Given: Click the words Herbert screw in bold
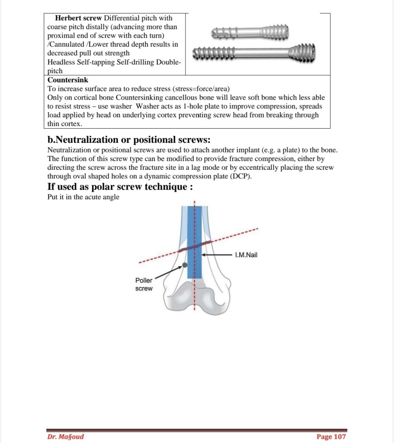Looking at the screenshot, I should [x=78, y=18].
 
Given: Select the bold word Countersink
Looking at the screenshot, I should [x=68, y=80].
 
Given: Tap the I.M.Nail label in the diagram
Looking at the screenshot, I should [x=246, y=255].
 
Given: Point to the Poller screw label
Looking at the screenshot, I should [x=144, y=285].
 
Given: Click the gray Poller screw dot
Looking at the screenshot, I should [x=185, y=264].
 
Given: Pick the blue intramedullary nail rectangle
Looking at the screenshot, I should [x=195, y=260].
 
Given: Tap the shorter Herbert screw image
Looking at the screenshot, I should [x=250, y=32].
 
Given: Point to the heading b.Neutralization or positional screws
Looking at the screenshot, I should [x=129, y=139].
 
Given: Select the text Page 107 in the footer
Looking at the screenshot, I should [x=331, y=437].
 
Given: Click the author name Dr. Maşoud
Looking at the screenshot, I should [x=65, y=437].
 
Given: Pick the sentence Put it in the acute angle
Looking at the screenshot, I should [x=83, y=197].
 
